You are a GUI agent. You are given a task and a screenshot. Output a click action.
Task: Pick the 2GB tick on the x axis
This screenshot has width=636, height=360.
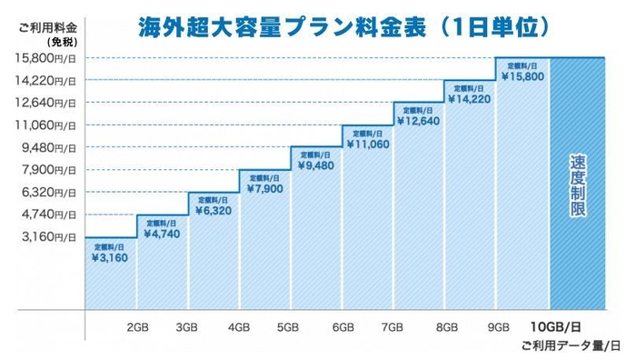tap(137, 326)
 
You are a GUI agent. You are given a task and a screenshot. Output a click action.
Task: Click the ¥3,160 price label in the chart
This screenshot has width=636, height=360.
tap(110, 258)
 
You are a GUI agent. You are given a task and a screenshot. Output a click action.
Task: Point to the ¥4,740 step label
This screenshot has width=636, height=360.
tap(163, 235)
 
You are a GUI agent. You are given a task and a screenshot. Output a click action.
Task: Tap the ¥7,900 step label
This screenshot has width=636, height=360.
tap(264, 189)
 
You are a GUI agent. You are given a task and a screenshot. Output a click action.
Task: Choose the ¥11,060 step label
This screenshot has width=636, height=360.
tap(368, 144)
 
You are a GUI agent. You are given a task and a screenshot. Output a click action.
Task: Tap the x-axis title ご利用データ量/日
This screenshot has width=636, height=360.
tap(571, 345)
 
